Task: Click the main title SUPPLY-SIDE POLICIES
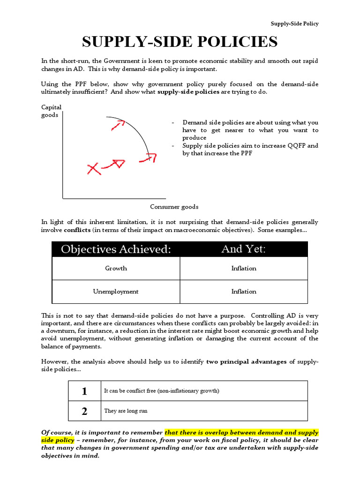tap(180, 42)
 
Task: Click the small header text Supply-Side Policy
tap(294, 24)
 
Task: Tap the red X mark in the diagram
tap(94, 169)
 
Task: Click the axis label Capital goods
tap(51, 111)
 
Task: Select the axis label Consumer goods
tap(174, 207)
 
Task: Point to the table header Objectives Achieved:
tap(116, 249)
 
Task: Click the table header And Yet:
tap(243, 249)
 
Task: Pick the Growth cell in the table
tap(116, 269)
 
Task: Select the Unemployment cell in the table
tap(116, 292)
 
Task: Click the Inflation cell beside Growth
tap(244, 269)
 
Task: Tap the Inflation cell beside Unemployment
tap(244, 292)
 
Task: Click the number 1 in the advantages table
tap(84, 391)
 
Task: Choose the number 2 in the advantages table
tap(84, 411)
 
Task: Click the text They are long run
tap(126, 411)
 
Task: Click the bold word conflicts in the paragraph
tap(77, 230)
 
